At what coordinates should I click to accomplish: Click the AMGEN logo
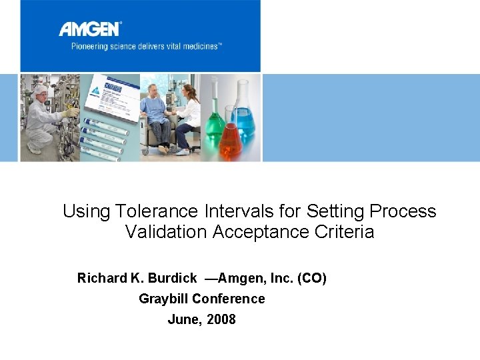tap(89, 29)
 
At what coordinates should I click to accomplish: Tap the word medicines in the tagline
tap(198, 46)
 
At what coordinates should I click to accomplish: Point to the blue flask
tap(244, 113)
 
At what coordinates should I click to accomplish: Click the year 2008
tap(221, 319)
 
